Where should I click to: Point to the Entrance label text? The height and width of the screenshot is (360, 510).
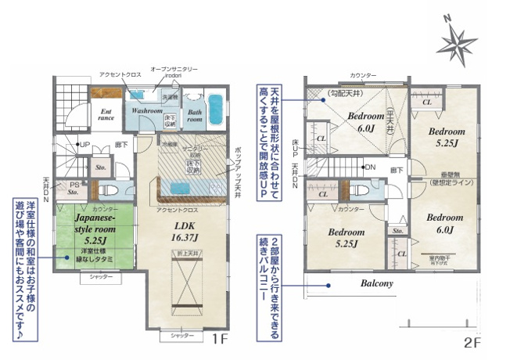click(x=107, y=114)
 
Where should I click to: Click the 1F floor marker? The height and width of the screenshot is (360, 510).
click(x=219, y=341)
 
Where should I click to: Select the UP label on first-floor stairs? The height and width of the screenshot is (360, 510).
click(x=83, y=145)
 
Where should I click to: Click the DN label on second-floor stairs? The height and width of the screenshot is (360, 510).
click(x=369, y=167)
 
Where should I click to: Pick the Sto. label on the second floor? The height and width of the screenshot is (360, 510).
click(x=397, y=231)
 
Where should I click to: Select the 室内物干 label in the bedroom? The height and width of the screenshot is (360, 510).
click(x=442, y=256)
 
